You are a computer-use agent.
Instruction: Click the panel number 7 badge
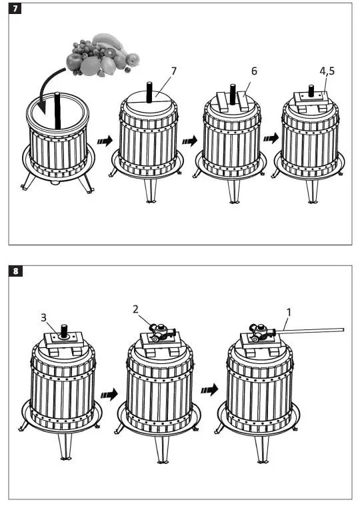coord(15,9)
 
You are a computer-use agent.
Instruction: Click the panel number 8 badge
coord(15,271)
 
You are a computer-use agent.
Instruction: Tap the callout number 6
coord(254,71)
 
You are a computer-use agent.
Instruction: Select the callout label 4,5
coord(327,71)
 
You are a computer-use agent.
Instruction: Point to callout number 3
coord(43,317)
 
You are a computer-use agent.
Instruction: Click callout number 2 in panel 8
coord(135,309)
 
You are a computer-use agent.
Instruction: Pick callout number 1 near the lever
coord(289,312)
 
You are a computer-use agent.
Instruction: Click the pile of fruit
coord(103,55)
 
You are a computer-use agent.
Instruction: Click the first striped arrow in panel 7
coord(105,141)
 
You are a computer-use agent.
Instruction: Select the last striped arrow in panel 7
coord(271,138)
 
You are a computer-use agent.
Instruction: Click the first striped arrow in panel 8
coord(109,395)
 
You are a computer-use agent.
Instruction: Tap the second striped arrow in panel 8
coord(210,390)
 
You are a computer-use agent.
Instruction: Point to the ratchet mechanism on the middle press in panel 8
coord(161,332)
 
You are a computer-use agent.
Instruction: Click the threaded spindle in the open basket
coord(57,111)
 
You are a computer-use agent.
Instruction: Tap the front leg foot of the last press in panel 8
coord(263,462)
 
